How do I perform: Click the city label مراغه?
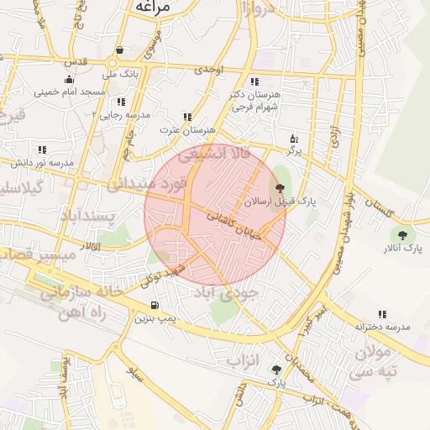[151, 7]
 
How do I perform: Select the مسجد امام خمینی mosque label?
[69, 91]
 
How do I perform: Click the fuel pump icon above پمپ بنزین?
[153, 306]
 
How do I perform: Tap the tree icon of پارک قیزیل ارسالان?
[280, 189]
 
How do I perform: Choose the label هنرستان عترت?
[188, 130]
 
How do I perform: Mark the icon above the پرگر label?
[293, 139]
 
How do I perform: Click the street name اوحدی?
[211, 71]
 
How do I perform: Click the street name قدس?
[76, 63]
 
